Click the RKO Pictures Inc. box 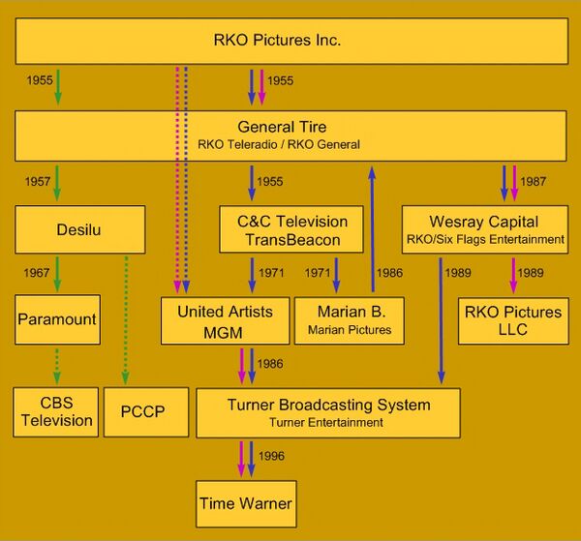(290, 42)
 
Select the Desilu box (80, 230)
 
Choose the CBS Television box (56, 411)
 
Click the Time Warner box (245, 503)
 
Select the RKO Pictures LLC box (512, 320)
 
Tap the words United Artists (225, 312)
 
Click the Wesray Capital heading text (483, 222)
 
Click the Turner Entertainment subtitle (328, 422)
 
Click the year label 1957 (39, 182)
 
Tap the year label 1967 (39, 272)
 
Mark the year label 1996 (272, 455)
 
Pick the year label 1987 (534, 182)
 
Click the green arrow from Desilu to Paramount (58, 274)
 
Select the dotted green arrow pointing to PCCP (125, 319)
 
